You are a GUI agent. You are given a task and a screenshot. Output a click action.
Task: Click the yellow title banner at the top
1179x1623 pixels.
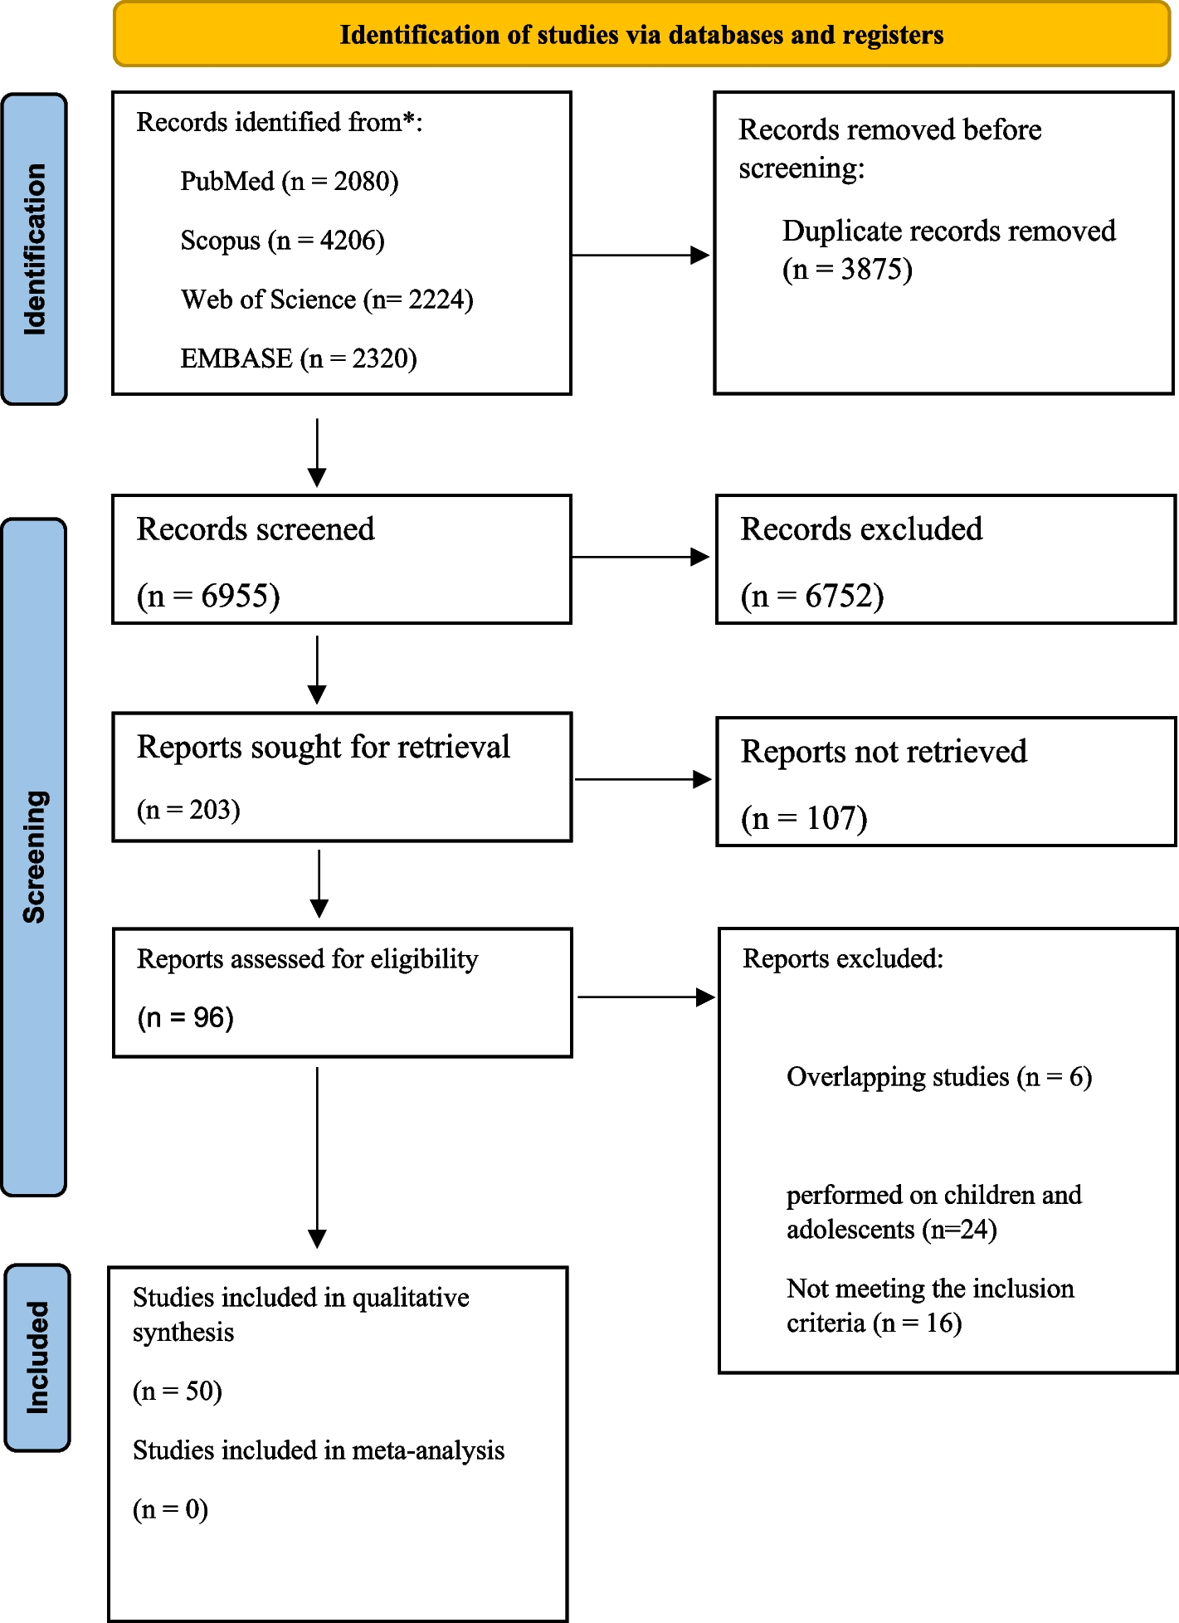coord(641,34)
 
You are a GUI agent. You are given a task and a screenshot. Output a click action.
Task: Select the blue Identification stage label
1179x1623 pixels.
coord(34,249)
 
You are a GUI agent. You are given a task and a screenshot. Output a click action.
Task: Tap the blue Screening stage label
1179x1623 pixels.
coord(34,857)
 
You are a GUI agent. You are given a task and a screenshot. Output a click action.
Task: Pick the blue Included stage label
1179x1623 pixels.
coord(37,1357)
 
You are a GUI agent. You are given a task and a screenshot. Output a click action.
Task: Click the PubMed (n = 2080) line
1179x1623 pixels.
coord(290,181)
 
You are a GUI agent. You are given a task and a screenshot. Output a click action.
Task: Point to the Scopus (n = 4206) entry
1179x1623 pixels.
coord(283,241)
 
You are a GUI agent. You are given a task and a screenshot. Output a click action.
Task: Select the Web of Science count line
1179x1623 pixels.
coord(327,300)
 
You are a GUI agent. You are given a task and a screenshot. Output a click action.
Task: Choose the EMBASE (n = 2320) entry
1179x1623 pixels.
coord(299,358)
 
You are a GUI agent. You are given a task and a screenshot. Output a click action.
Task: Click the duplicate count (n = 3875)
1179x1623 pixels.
coord(847,269)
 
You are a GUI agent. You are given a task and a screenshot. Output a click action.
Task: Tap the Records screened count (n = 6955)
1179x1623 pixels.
coord(208,596)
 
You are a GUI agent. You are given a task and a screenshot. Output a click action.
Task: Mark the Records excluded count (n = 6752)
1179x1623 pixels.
coord(812,596)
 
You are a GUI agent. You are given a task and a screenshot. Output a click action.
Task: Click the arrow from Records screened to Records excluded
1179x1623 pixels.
coord(641,557)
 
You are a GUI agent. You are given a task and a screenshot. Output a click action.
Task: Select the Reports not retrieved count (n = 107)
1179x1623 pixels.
coord(804,818)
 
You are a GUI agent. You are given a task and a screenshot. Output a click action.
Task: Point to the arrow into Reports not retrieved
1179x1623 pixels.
coord(643,779)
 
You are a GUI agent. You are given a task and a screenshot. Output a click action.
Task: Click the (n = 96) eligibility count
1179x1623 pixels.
coord(186,1017)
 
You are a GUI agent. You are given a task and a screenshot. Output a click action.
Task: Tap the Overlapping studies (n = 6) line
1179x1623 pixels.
coord(939,1077)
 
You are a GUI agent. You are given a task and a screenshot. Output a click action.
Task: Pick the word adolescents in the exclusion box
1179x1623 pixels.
coord(850,1229)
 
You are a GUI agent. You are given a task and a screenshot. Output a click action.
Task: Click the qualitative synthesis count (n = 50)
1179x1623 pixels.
coord(178,1391)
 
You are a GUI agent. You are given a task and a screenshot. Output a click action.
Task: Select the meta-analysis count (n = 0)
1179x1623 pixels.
coord(170,1508)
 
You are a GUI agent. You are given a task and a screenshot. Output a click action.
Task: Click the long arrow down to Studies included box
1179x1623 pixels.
coord(317,1158)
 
